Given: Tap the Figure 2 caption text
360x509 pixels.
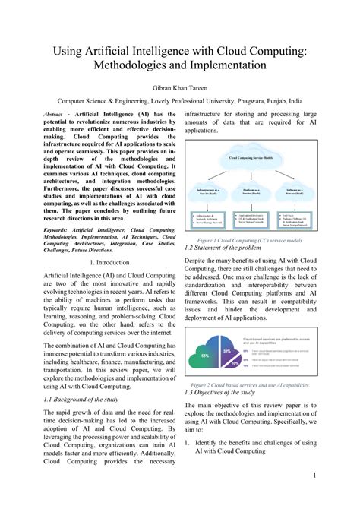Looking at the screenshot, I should [x=249, y=384].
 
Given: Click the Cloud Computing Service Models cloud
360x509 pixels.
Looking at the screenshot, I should [x=253, y=159].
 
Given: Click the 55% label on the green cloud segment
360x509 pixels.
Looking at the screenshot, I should [x=204, y=356].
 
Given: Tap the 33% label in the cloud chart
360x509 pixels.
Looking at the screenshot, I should [x=226, y=351].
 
